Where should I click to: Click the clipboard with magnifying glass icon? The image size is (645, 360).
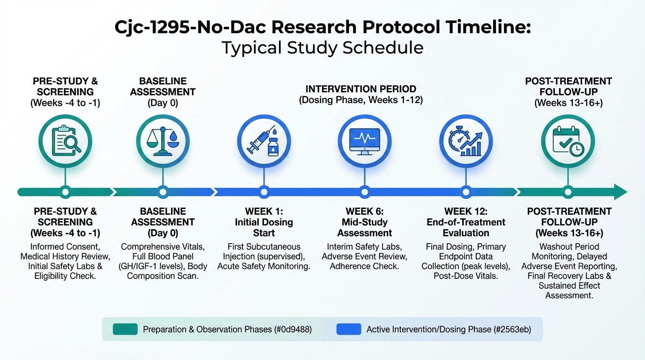66,141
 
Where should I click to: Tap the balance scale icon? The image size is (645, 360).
163,141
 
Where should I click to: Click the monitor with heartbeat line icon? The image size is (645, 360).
365,142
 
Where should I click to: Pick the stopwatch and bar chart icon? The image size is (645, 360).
465,141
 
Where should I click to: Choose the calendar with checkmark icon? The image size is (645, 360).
568,141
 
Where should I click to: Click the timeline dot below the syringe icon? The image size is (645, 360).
264,192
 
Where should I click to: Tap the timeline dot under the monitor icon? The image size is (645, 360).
365,192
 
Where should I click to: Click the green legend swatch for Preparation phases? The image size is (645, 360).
125,329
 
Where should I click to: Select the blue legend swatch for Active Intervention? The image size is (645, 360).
349,329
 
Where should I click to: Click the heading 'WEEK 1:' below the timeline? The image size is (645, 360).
264,211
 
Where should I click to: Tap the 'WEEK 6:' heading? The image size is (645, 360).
365,211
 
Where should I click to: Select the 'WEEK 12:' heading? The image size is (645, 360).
465,211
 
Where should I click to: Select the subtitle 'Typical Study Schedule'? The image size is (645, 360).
322,47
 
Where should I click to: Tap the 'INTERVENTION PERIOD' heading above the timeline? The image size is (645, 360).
361,89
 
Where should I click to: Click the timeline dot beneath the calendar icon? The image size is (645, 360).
568,192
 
